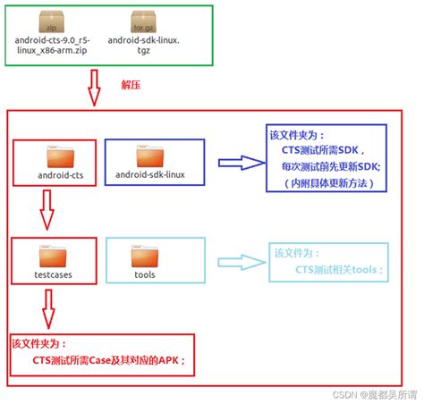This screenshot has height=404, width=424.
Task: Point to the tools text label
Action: (144, 274)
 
